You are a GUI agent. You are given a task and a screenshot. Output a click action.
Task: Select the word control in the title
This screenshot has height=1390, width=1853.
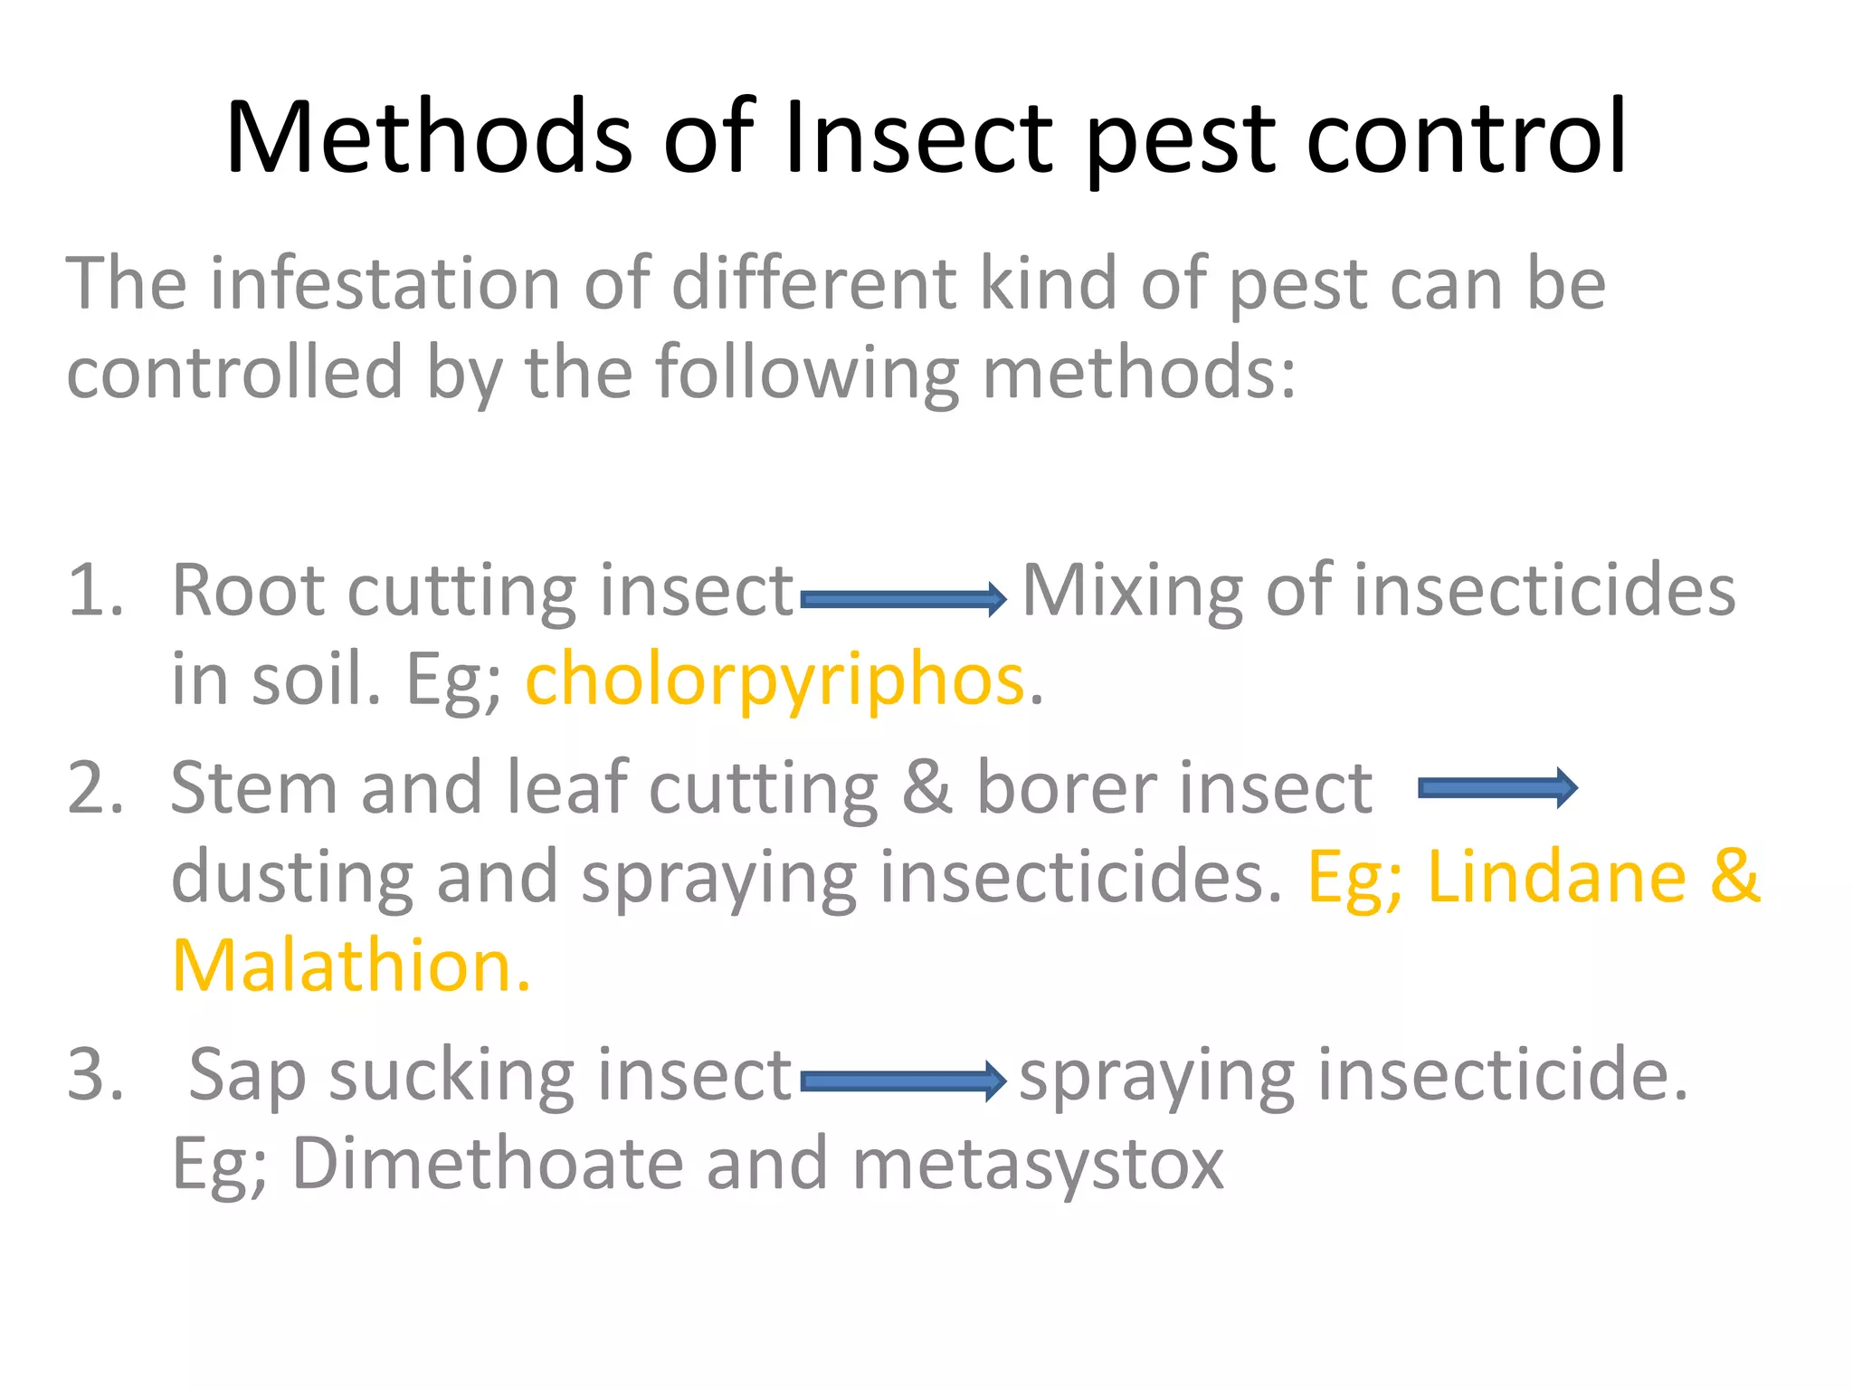click(1466, 138)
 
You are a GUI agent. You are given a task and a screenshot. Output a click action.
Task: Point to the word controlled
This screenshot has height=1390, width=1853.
click(234, 372)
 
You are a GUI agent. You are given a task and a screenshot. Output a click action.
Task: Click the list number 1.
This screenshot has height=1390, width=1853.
click(94, 590)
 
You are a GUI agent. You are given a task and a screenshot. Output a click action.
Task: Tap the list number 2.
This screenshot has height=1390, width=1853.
click(94, 787)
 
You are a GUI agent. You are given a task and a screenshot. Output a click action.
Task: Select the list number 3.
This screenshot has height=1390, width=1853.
click(94, 1074)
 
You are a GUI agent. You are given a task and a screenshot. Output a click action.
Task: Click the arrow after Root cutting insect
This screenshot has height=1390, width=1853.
click(903, 598)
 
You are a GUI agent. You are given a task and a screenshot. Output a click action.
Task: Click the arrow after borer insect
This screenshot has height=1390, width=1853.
click(1497, 788)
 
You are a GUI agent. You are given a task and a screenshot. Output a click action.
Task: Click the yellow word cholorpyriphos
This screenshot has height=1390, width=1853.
click(774, 681)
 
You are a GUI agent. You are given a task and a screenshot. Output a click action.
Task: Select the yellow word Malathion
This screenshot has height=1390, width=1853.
click(351, 966)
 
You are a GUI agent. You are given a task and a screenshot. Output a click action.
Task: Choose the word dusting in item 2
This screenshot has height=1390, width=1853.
click(291, 878)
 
